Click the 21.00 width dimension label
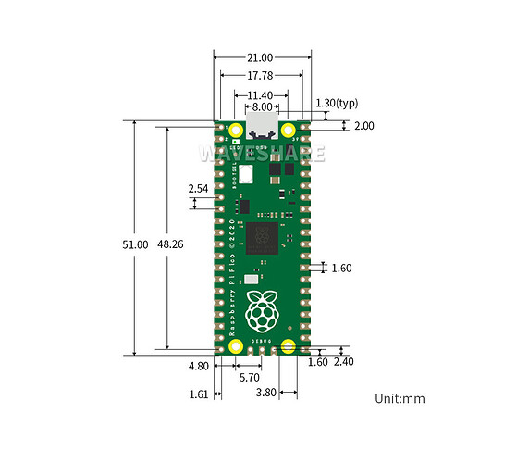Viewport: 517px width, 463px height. pos(260,57)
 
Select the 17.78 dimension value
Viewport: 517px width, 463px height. pos(260,76)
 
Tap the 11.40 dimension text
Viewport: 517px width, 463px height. pos(260,95)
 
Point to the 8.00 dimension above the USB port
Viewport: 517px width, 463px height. pos(262,106)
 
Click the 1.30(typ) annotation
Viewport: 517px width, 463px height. pos(337,104)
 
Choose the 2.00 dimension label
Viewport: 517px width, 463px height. pos(364,126)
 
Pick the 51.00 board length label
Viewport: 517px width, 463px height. pos(135,244)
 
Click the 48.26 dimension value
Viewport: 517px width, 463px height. pos(170,244)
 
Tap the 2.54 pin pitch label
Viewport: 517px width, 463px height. pos(198,189)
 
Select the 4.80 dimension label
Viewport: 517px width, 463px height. pos(199,366)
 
